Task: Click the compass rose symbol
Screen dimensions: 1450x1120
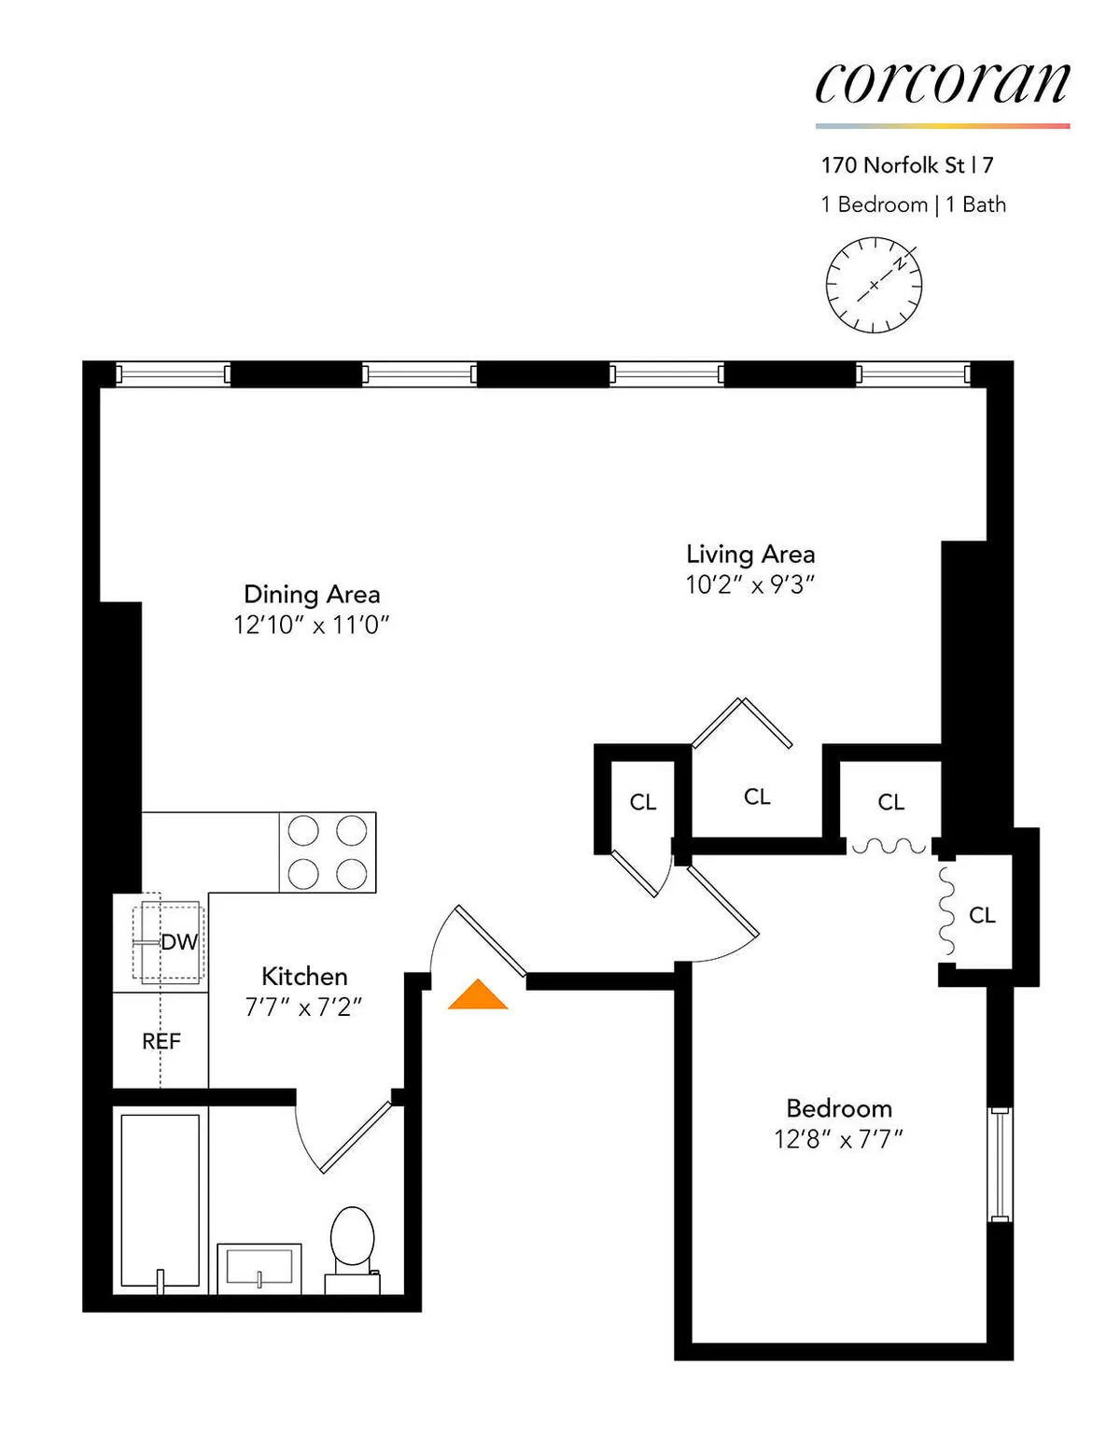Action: (874, 285)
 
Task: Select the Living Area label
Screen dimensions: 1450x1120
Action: (750, 554)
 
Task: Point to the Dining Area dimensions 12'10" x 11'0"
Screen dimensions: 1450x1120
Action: (311, 625)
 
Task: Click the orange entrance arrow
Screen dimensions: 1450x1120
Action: (478, 995)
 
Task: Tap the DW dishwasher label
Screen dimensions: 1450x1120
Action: (178, 942)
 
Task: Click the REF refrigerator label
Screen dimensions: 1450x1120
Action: (161, 1041)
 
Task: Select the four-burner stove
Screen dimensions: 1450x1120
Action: (328, 852)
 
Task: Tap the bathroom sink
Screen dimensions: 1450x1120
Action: (259, 1268)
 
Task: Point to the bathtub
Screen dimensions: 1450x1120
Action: (160, 1201)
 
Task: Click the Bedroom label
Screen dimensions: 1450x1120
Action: (838, 1108)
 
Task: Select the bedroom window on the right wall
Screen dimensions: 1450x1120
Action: (1000, 1164)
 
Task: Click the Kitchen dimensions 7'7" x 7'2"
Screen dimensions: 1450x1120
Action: (303, 1007)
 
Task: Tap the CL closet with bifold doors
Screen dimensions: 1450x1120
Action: (756, 795)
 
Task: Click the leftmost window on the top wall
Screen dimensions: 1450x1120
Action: (173, 374)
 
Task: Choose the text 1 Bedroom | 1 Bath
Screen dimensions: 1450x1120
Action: (913, 204)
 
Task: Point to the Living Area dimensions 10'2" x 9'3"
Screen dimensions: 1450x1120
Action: (750, 584)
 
